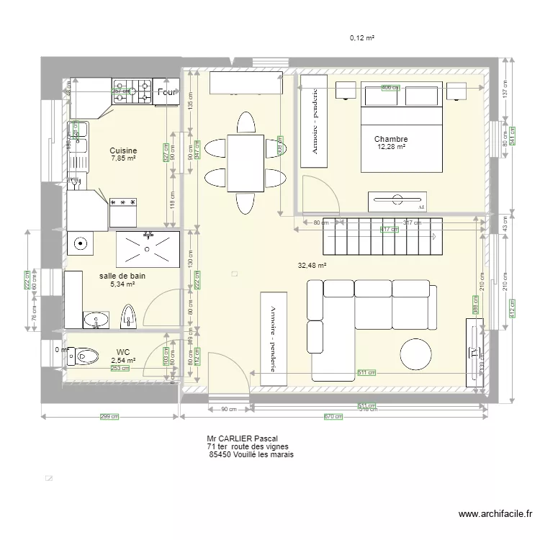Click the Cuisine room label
123,150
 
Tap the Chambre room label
391,139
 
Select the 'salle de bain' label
123,276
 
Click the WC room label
123,352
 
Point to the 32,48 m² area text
312,265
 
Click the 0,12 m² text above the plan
362,37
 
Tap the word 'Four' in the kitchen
167,93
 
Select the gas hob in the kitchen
132,91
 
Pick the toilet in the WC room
85,355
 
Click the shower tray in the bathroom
148,248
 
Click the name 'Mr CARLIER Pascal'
242,438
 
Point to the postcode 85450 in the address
220,455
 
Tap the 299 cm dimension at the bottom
109,416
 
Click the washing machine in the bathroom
81,243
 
